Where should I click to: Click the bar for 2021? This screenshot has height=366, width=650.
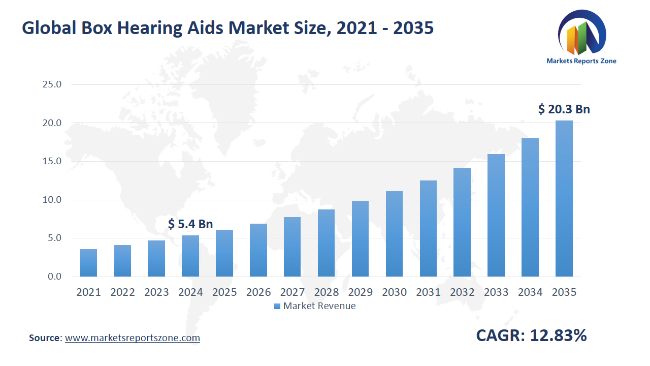point(88,263)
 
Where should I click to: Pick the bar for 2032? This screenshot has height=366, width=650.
point(462,222)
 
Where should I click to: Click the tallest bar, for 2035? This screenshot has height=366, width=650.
point(564,198)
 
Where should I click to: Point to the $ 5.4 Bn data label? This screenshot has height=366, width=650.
point(190,224)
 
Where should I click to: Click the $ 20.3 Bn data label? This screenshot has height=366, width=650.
point(564,109)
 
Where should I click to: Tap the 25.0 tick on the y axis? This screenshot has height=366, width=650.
point(52,84)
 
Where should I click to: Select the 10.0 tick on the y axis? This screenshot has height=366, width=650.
point(52,200)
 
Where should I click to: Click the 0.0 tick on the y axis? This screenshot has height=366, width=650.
point(54,277)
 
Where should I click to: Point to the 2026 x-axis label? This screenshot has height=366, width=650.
point(258,292)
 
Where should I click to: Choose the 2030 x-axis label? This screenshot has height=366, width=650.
point(394,292)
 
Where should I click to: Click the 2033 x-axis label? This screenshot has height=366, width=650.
point(496,292)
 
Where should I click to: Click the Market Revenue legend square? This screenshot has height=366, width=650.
point(277,306)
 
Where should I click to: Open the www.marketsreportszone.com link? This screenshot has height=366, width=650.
point(133,338)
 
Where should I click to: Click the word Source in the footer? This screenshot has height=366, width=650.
point(45,338)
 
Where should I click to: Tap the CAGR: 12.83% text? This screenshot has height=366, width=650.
point(531,335)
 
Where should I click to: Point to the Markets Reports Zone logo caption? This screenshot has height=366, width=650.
point(581,61)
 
